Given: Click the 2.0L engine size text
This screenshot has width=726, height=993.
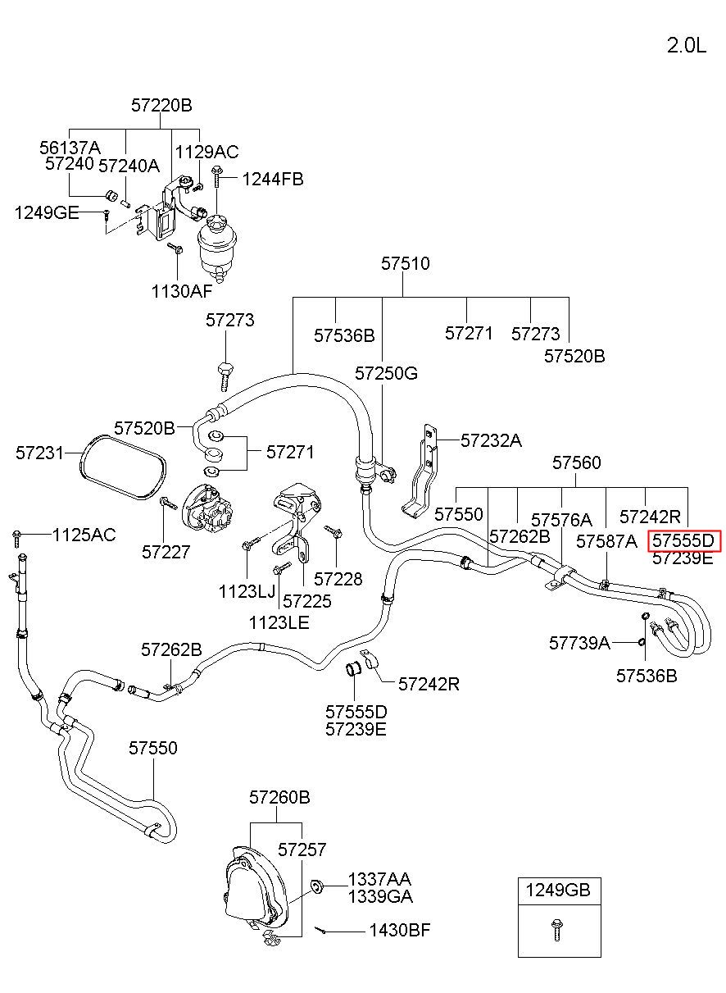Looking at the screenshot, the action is (687, 46).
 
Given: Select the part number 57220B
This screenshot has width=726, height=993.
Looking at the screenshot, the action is (161, 106).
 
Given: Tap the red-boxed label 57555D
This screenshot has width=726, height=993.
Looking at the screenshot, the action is (683, 541).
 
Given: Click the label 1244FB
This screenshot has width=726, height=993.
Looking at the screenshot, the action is (273, 179).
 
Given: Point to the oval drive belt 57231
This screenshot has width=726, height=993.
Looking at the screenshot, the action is (124, 467).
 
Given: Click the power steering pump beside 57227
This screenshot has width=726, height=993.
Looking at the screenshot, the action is (208, 509).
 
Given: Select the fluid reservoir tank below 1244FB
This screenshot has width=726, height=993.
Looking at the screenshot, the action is (216, 247).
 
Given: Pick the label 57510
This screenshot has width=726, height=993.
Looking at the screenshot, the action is (406, 263).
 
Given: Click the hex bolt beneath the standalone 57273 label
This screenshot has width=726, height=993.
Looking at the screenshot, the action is (225, 377).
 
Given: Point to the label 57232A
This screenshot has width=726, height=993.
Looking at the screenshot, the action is (491, 440).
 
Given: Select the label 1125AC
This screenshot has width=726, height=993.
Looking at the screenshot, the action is (84, 535).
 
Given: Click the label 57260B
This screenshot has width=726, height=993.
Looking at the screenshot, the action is (279, 797).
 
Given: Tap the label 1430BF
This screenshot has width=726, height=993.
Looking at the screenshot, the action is (400, 930).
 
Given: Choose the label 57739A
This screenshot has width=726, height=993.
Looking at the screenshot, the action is (580, 643).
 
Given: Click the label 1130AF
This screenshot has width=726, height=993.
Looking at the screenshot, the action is (182, 291).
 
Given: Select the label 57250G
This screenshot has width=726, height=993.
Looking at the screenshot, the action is (386, 373).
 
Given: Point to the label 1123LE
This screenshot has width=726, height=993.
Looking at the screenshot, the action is (279, 623).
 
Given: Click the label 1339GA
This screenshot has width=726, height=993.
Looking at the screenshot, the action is (380, 896).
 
